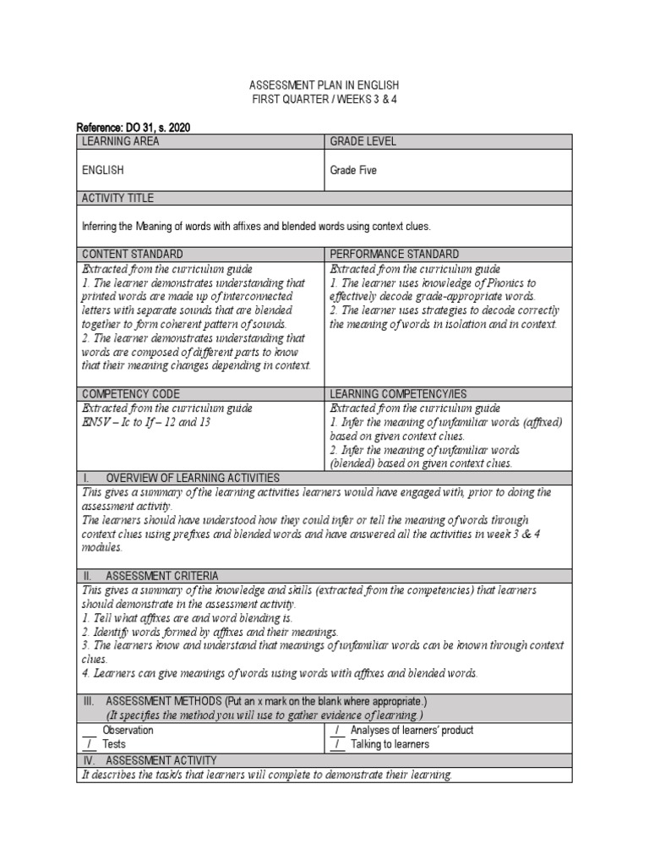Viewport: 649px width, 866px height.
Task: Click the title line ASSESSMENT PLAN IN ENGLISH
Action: click(324, 86)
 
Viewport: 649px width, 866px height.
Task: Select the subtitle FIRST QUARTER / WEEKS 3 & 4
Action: click(324, 100)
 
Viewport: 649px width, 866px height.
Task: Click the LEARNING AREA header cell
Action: click(120, 141)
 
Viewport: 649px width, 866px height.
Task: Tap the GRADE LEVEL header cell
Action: click(363, 141)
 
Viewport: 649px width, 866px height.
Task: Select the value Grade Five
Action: click(353, 170)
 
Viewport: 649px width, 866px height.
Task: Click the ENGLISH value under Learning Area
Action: click(102, 170)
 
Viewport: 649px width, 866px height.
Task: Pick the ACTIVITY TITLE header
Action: click(117, 198)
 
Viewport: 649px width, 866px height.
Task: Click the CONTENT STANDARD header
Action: click(132, 254)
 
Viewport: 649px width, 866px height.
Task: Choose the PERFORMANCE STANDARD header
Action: click(395, 254)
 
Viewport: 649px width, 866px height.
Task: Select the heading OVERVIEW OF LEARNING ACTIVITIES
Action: click(192, 478)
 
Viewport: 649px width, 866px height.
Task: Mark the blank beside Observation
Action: click(89, 730)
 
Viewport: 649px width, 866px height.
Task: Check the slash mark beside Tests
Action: click(88, 744)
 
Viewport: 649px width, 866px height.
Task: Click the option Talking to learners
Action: click(390, 744)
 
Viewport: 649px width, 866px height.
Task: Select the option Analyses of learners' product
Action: click(412, 730)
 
